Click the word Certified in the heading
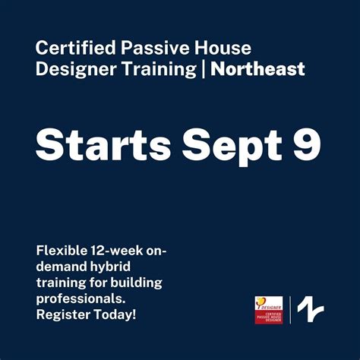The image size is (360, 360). (70, 48)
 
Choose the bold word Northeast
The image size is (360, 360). (258, 70)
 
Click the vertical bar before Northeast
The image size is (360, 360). (203, 70)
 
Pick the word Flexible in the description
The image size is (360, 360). (60, 252)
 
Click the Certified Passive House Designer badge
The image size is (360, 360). (268, 310)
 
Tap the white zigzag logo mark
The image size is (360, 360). (310, 310)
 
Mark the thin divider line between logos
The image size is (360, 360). (289, 310)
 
